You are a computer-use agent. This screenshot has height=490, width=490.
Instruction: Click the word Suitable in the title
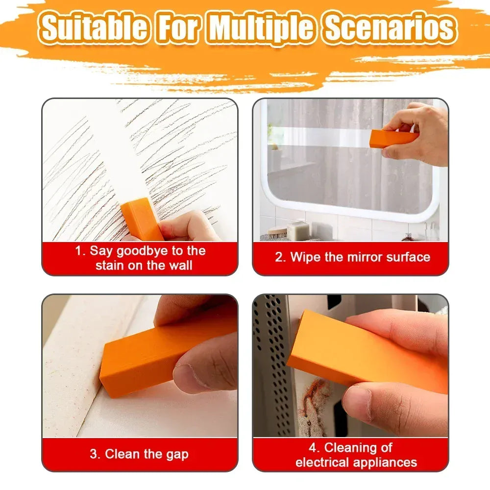[x=93, y=28]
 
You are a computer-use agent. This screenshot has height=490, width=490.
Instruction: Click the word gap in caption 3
[x=177, y=454]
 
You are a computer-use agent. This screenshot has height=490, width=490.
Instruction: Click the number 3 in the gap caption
[x=94, y=454]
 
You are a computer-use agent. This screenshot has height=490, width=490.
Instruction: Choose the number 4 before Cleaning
[x=313, y=447]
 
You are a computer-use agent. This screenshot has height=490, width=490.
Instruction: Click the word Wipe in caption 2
[x=307, y=257]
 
